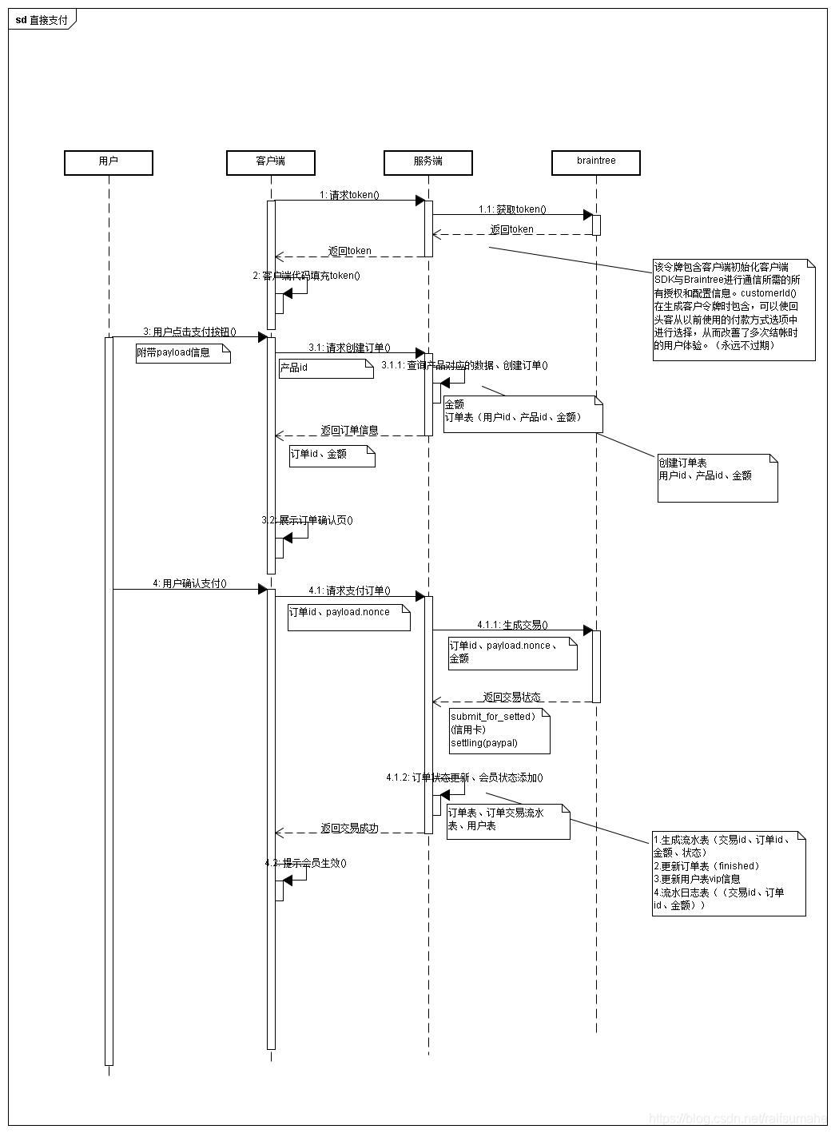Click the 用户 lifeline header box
click(108, 162)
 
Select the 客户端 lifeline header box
click(270, 162)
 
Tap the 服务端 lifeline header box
click(427, 162)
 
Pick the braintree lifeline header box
click(596, 162)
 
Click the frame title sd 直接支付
click(42, 20)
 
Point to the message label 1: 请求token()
click(349, 194)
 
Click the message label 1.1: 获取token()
click(512, 209)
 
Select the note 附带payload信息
click(182, 353)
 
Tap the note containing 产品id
click(325, 368)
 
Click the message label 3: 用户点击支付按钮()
click(189, 332)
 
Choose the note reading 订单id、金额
click(332, 455)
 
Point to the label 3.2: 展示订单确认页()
click(308, 520)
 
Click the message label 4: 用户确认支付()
click(189, 584)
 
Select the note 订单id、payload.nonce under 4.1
click(348, 617)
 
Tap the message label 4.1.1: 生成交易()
click(512, 625)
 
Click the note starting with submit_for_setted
click(499, 730)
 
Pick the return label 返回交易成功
click(349, 828)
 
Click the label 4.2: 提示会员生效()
click(306, 863)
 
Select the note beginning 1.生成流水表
click(728, 873)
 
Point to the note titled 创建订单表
click(717, 477)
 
